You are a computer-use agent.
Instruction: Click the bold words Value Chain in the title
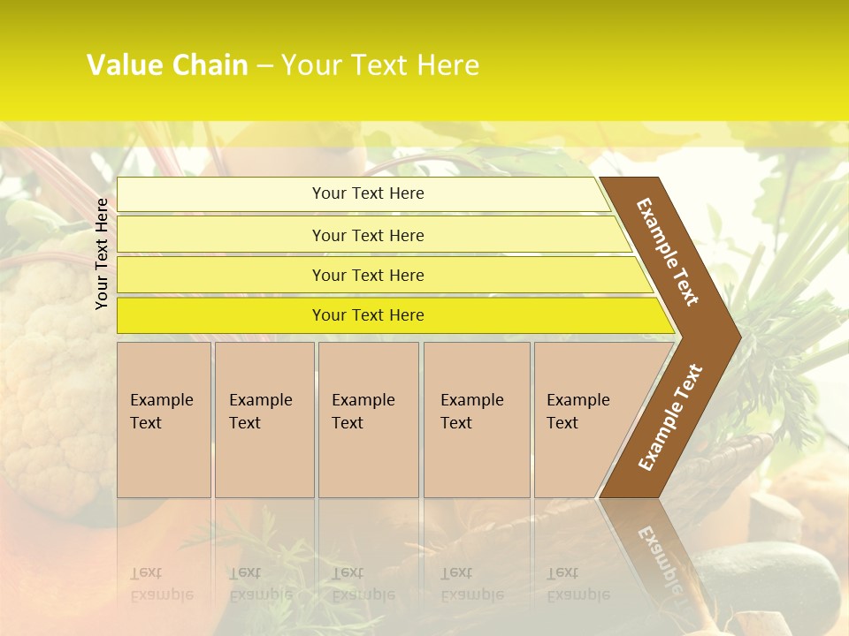(167, 65)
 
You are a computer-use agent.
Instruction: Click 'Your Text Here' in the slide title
(380, 65)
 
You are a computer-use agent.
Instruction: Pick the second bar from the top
(368, 235)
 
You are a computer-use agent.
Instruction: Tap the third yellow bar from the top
(368, 275)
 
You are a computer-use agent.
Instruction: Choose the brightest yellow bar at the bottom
(368, 315)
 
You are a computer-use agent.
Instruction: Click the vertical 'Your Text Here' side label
(102, 254)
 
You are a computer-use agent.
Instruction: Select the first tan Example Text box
(164, 419)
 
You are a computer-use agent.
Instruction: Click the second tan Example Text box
(264, 419)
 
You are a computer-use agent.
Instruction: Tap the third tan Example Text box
(367, 419)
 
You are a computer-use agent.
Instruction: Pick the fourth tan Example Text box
(476, 419)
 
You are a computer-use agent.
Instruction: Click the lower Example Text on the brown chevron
(670, 418)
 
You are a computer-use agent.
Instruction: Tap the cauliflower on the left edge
(44, 371)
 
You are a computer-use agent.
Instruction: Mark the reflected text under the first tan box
(161, 584)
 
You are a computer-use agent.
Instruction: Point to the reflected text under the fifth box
(577, 584)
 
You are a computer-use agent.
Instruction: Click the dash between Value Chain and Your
(264, 66)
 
